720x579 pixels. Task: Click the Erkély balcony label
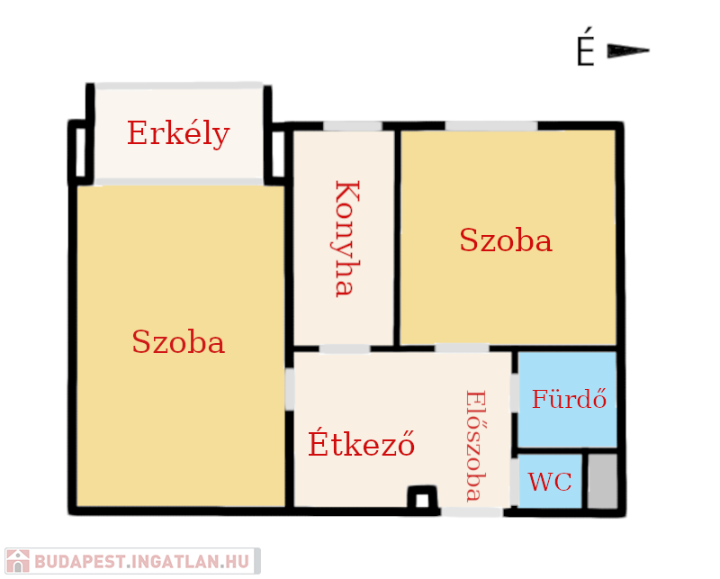click(x=178, y=134)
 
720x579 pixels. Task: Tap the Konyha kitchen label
click(x=346, y=239)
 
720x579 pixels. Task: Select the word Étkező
click(x=362, y=442)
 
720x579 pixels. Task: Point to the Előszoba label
click(x=476, y=446)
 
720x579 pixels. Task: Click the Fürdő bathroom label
click(x=569, y=398)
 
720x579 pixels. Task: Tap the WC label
click(x=550, y=482)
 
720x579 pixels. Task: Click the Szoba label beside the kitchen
click(x=506, y=240)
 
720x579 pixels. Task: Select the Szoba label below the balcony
click(x=178, y=341)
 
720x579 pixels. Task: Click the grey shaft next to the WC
click(x=602, y=482)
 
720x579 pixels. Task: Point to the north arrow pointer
click(x=627, y=50)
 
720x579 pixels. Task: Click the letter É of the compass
click(x=586, y=47)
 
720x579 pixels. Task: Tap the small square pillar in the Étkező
click(x=422, y=498)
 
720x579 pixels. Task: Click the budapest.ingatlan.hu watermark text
click(x=141, y=562)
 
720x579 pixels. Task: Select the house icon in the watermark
click(x=17, y=561)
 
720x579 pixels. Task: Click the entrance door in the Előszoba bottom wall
click(x=472, y=511)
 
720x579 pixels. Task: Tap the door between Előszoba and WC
click(x=515, y=482)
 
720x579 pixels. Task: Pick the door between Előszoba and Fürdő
click(x=515, y=393)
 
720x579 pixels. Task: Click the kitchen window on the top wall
click(x=353, y=126)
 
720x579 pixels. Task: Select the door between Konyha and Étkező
click(x=345, y=348)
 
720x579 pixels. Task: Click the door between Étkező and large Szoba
click(x=290, y=389)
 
